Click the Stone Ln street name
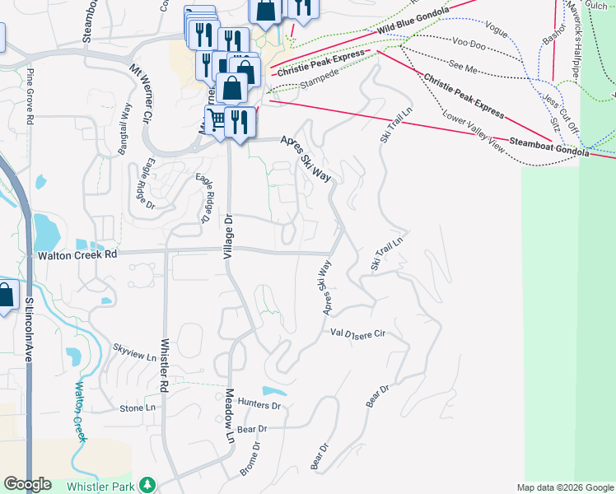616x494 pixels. point(137,408)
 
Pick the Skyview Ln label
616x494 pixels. point(134,358)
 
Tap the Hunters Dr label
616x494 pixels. point(259,406)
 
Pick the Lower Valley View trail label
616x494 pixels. point(472,128)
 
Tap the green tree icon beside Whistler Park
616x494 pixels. point(147,485)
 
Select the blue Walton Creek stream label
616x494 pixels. point(81,412)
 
